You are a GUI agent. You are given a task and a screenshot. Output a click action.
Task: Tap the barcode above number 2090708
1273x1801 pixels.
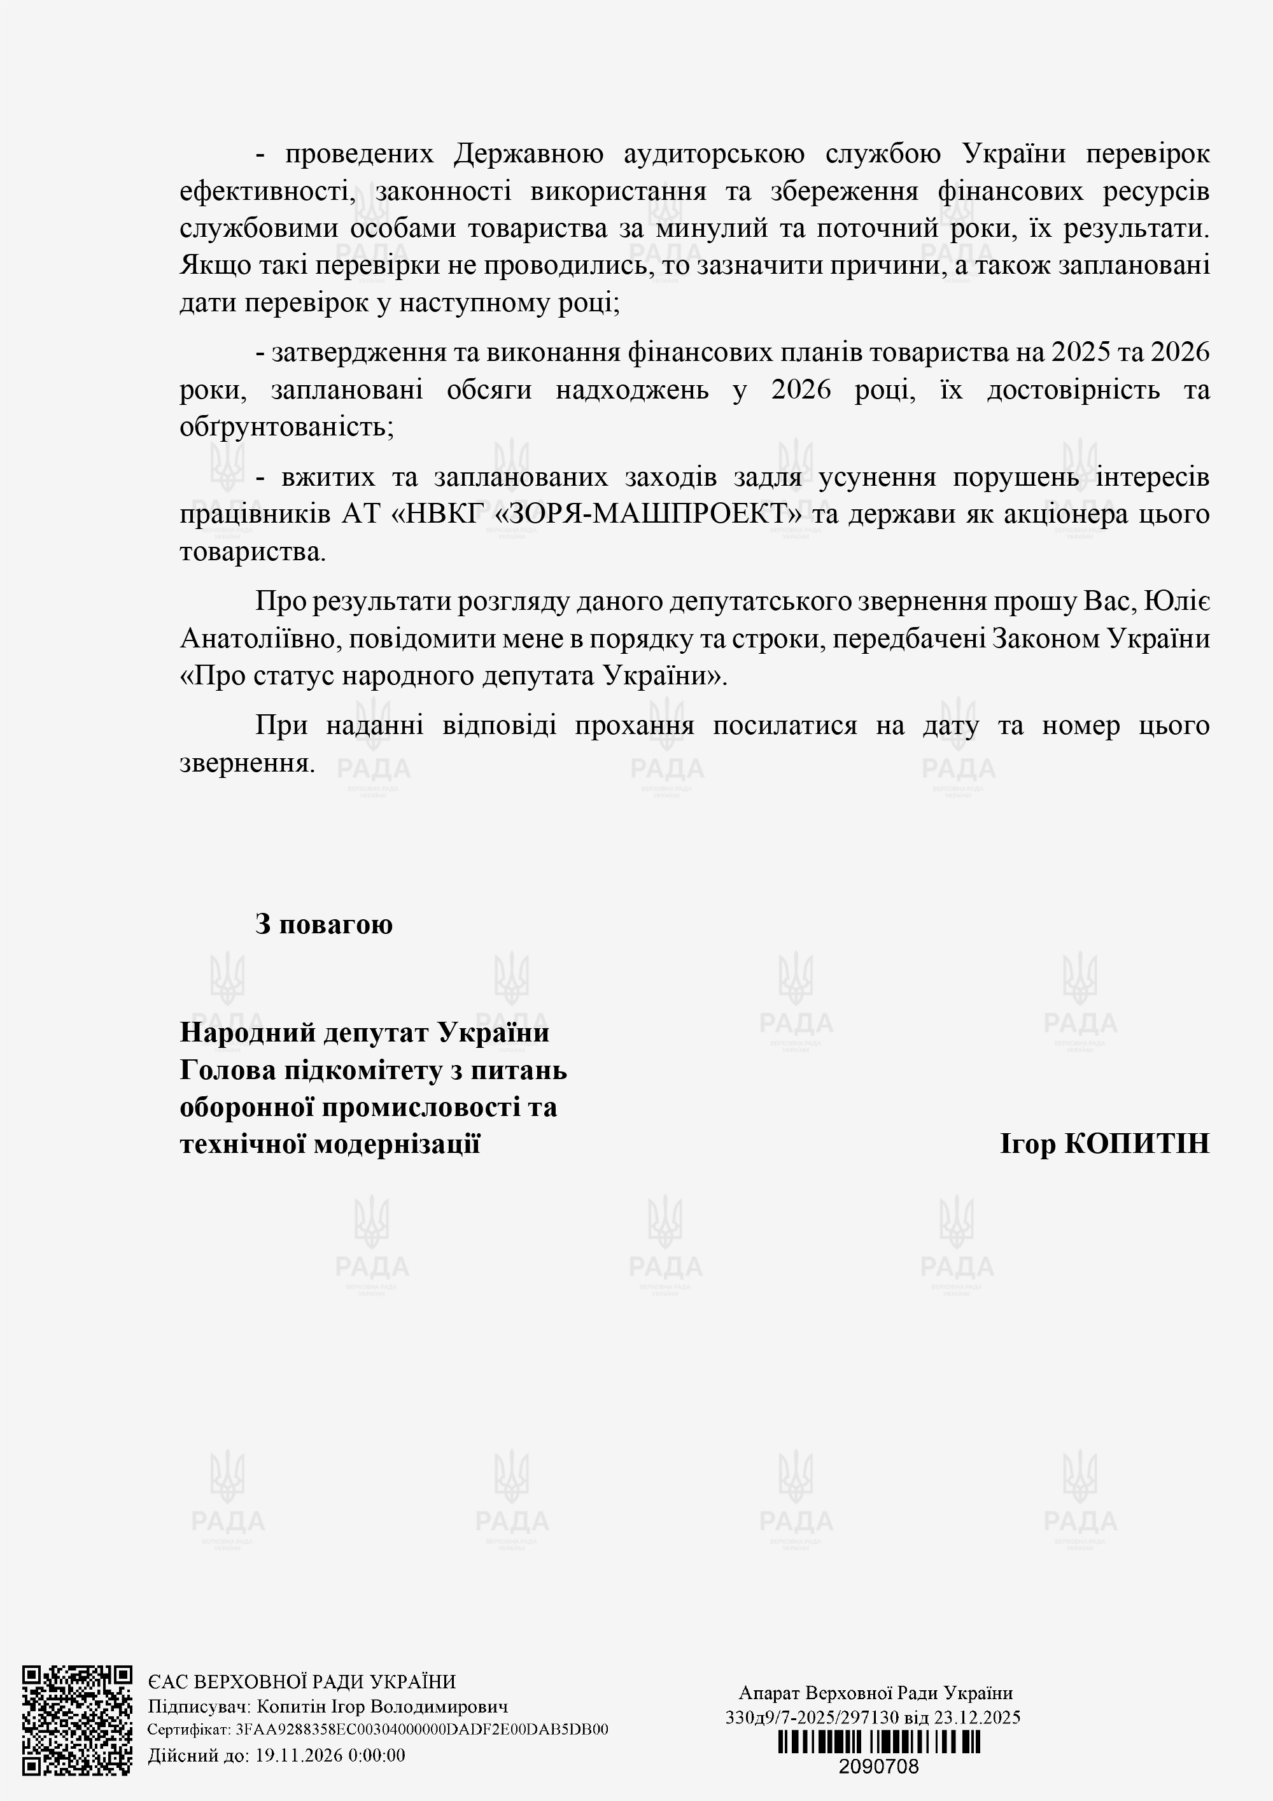pyautogui.click(x=878, y=1743)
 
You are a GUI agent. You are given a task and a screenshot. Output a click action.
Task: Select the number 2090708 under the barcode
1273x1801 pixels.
pyautogui.click(x=878, y=1767)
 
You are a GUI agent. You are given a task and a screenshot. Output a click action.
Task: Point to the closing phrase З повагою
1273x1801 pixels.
pyautogui.click(x=323, y=924)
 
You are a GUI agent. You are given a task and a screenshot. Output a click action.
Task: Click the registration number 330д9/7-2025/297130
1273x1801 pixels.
pyautogui.click(x=812, y=1717)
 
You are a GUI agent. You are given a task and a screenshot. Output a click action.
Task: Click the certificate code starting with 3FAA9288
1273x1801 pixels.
pyautogui.click(x=421, y=1730)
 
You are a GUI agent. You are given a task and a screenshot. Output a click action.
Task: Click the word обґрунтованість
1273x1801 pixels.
pyautogui.click(x=286, y=428)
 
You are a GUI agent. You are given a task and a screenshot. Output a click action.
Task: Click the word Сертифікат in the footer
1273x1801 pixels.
pyautogui.click(x=188, y=1730)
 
